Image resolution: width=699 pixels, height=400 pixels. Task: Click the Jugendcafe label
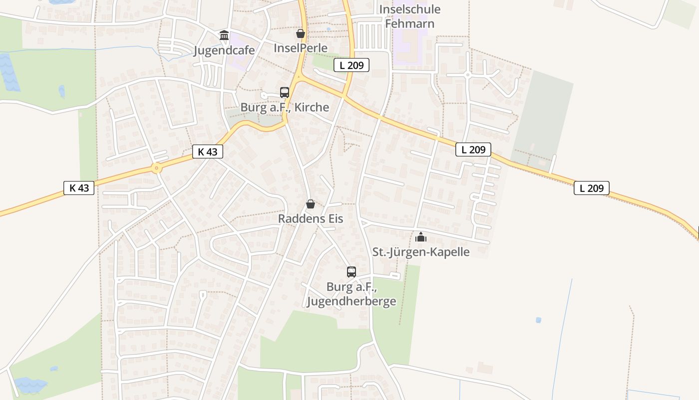tap(224, 50)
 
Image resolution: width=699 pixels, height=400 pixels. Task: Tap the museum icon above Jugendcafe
tap(224, 35)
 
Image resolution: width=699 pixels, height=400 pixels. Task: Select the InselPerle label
tap(301, 48)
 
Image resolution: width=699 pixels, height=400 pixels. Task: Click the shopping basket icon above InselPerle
tap(301, 33)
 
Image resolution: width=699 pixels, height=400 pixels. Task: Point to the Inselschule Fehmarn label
tap(410, 16)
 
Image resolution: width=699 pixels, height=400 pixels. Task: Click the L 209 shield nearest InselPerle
tap(351, 64)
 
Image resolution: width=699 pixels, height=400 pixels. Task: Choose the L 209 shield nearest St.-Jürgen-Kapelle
tap(473, 149)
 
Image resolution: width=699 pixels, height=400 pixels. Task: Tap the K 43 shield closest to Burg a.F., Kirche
tap(208, 151)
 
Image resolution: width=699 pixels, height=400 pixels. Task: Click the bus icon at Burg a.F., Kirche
tap(285, 92)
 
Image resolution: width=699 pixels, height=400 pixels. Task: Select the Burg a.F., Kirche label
tap(285, 107)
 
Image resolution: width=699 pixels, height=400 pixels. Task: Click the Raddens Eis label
tap(311, 218)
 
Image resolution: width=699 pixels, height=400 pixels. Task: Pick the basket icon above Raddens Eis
tap(311, 204)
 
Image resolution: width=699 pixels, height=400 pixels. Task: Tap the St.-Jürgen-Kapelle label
tap(421, 251)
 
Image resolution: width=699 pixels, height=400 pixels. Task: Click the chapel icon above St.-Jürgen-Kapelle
tap(421, 237)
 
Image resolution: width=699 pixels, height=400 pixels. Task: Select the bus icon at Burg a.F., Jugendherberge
tap(351, 272)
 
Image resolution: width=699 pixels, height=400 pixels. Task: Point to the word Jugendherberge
tap(351, 301)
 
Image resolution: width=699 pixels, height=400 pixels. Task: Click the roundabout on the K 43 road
tap(157, 168)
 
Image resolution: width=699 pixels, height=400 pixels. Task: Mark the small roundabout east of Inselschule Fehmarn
tap(468, 74)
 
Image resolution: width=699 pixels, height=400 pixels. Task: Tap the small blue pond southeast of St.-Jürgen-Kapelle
tap(538, 320)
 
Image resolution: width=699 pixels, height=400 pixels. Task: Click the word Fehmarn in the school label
tap(410, 23)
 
